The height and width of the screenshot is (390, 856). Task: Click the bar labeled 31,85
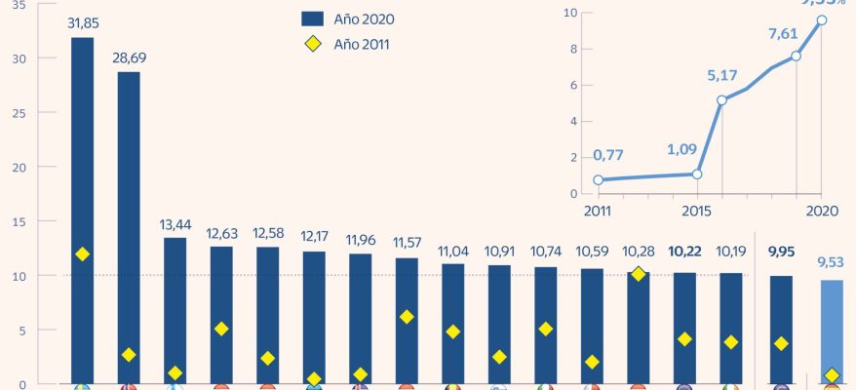pos(82,210)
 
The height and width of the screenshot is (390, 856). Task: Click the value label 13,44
pos(175,225)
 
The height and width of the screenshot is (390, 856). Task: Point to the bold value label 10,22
pos(684,251)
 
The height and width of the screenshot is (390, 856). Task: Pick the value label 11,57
pos(407,241)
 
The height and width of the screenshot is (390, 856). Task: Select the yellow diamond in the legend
pos(313,44)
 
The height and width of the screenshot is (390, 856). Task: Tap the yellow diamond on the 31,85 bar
pos(82,253)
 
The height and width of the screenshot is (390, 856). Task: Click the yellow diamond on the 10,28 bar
pos(638,274)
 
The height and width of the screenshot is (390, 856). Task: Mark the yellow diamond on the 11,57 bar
pos(407,316)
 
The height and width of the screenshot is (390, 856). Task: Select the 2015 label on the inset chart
pos(696,210)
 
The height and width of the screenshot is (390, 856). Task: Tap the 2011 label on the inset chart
pos(597,210)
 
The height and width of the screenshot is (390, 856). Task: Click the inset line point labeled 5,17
pos(722,99)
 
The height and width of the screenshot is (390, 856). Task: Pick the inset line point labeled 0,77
pos(599,179)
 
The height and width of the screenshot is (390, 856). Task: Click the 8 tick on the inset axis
pos(574,49)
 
